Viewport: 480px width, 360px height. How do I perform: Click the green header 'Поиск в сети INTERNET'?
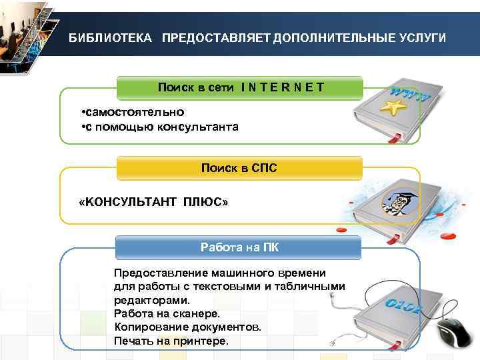[240, 87]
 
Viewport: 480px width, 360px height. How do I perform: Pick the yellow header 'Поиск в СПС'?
[239, 168]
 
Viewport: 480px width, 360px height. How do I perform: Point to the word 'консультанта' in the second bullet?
[197, 127]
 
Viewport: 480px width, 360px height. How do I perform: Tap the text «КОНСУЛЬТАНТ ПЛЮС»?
[153, 201]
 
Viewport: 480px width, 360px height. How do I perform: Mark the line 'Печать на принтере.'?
[171, 341]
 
